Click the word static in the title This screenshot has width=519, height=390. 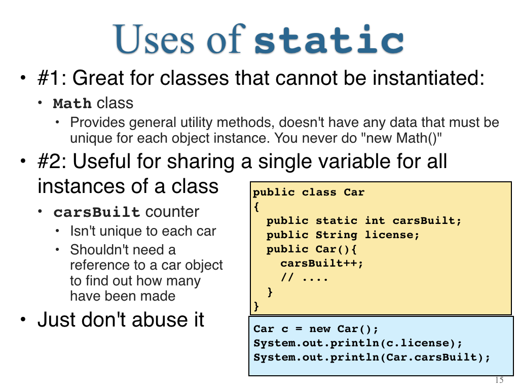point(329,39)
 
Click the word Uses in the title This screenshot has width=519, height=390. point(154,39)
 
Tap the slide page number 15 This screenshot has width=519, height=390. point(499,380)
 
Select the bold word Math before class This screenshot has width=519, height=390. point(72,104)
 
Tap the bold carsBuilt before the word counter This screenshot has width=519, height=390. point(97,212)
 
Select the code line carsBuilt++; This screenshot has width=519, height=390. point(322,264)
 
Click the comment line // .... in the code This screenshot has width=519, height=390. point(304,277)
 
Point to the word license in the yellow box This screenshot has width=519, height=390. point(392,235)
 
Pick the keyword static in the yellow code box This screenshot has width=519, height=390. point(337,220)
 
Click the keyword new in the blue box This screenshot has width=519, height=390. point(320,329)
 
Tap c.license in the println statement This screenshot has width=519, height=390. point(417,343)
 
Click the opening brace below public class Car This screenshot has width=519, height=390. point(256,207)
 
